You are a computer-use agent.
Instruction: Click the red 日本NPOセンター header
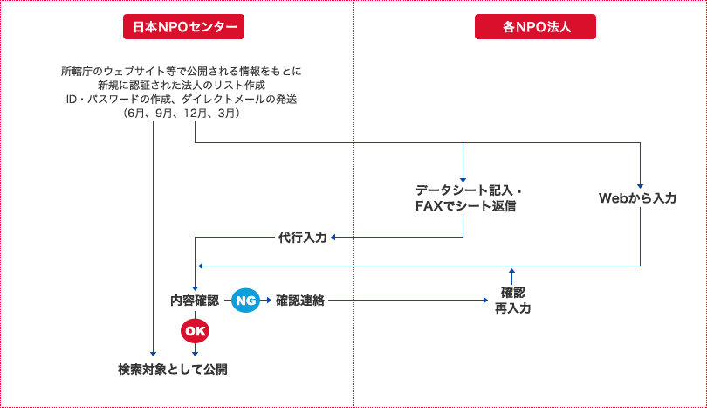183,27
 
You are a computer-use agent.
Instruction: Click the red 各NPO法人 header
536,27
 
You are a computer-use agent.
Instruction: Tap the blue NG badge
246,300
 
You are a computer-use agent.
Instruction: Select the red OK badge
195,330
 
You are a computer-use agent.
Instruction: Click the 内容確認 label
194,300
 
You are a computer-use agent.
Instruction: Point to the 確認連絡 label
300,300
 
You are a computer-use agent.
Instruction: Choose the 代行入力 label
302,237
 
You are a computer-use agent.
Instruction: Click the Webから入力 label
637,198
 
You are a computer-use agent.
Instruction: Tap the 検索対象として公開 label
173,369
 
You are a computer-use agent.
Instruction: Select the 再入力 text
512,308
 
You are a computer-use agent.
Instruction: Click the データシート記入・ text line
469,190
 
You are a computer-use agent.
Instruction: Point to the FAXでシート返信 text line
465,206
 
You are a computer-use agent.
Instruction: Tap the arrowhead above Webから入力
641,184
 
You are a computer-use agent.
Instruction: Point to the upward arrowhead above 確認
512,272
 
